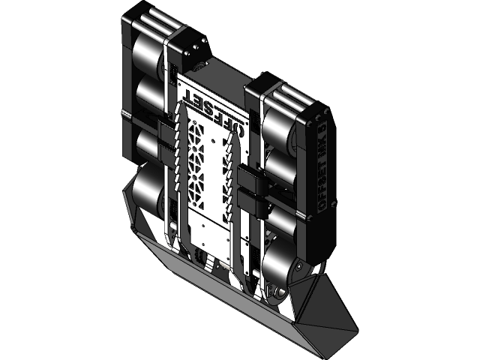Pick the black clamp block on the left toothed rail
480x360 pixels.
[166, 135]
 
